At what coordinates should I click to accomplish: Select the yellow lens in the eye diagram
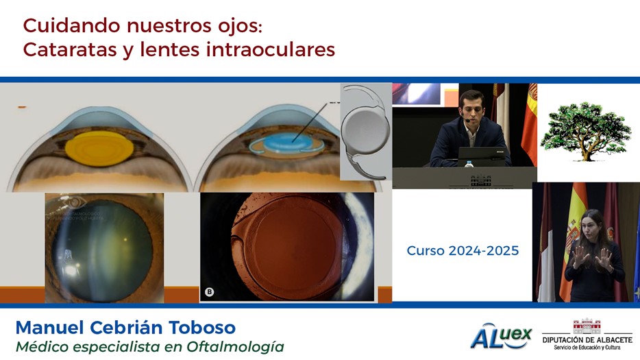(x=99, y=148)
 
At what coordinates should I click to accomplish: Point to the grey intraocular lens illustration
(x=365, y=132)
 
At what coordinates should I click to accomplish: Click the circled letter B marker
(x=210, y=291)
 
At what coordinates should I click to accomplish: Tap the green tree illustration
(x=585, y=131)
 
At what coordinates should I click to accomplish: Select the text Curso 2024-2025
(x=463, y=250)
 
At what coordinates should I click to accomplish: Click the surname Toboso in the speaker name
(x=202, y=328)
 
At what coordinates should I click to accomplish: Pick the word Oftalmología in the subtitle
(x=235, y=347)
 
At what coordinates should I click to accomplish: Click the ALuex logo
(x=501, y=337)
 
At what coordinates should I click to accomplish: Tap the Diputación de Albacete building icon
(x=587, y=326)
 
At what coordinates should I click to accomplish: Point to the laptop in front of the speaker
(x=482, y=156)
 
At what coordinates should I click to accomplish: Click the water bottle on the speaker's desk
(x=469, y=163)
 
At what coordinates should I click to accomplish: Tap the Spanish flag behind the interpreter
(x=573, y=241)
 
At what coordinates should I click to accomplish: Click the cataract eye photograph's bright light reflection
(x=71, y=269)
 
